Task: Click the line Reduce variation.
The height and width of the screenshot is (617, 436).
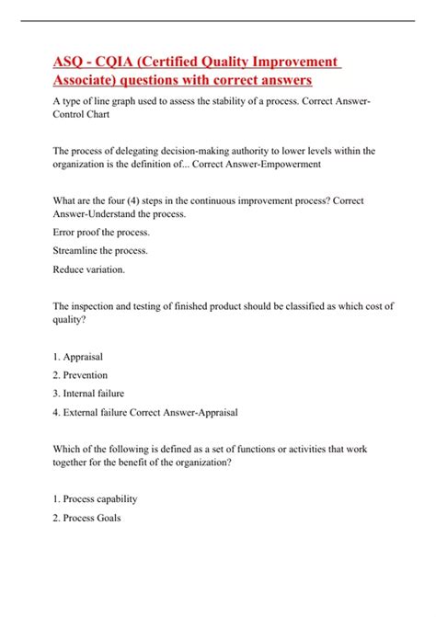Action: (95, 269)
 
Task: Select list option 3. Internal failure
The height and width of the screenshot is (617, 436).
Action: (95, 394)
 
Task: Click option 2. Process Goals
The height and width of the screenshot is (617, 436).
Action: (88, 519)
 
